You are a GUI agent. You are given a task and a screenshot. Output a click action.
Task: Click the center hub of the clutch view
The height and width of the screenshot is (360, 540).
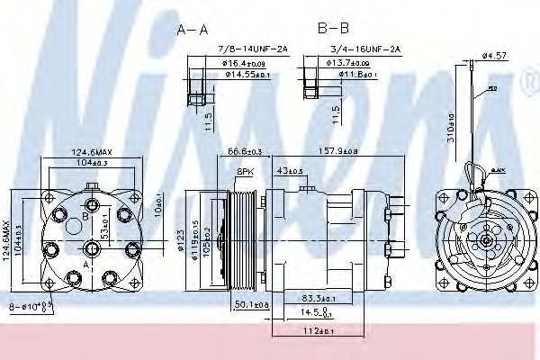click(x=484, y=240)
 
